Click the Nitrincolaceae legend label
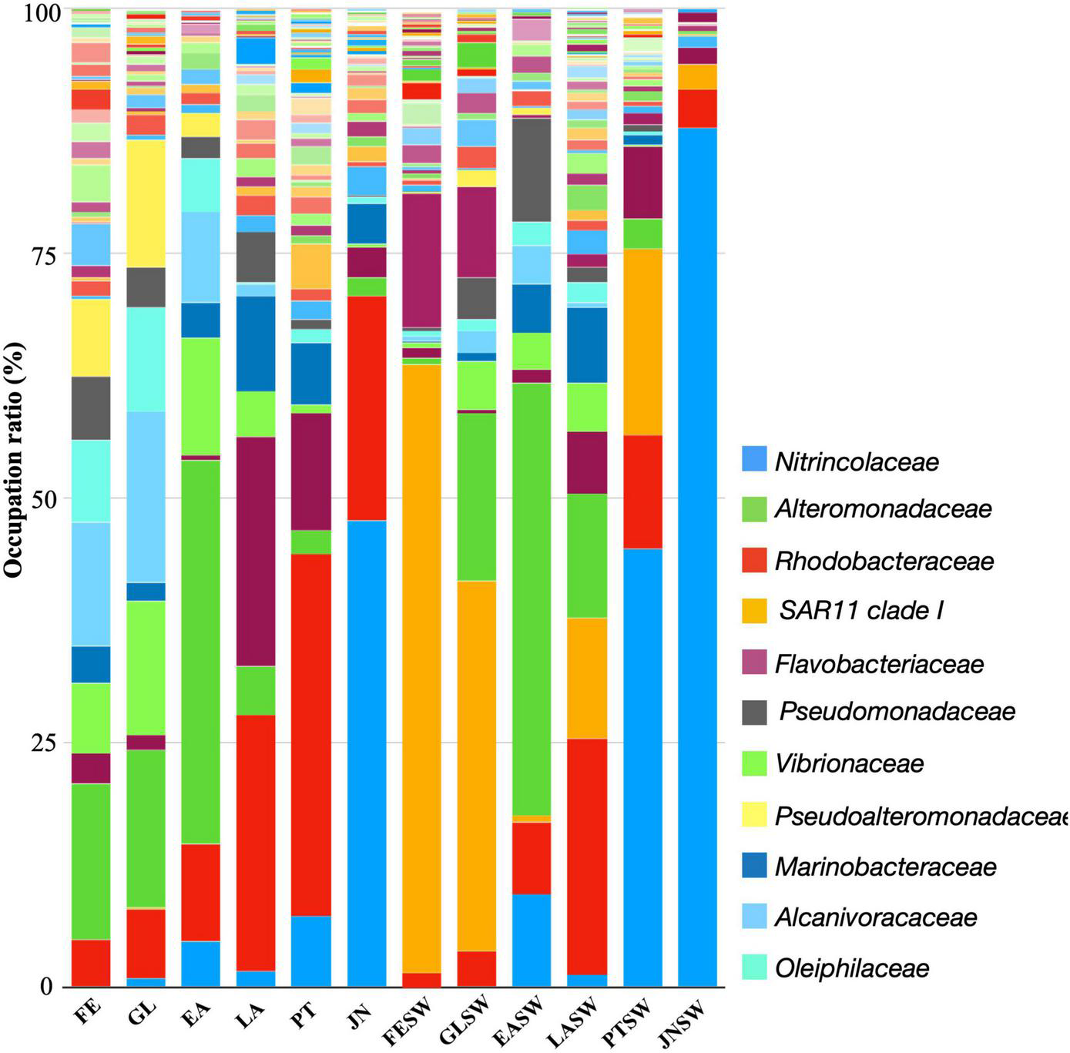pyautogui.click(x=857, y=462)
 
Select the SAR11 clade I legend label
pyautogui.click(x=861, y=611)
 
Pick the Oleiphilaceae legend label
pyautogui.click(x=852, y=968)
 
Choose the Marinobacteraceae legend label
pyautogui.click(x=885, y=867)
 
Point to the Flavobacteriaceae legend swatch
pyautogui.click(x=754, y=662)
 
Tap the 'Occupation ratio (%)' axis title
pyautogui.click(x=15, y=460)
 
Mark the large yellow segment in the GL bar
pyautogui.click(x=146, y=203)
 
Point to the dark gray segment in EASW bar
pyautogui.click(x=532, y=169)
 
